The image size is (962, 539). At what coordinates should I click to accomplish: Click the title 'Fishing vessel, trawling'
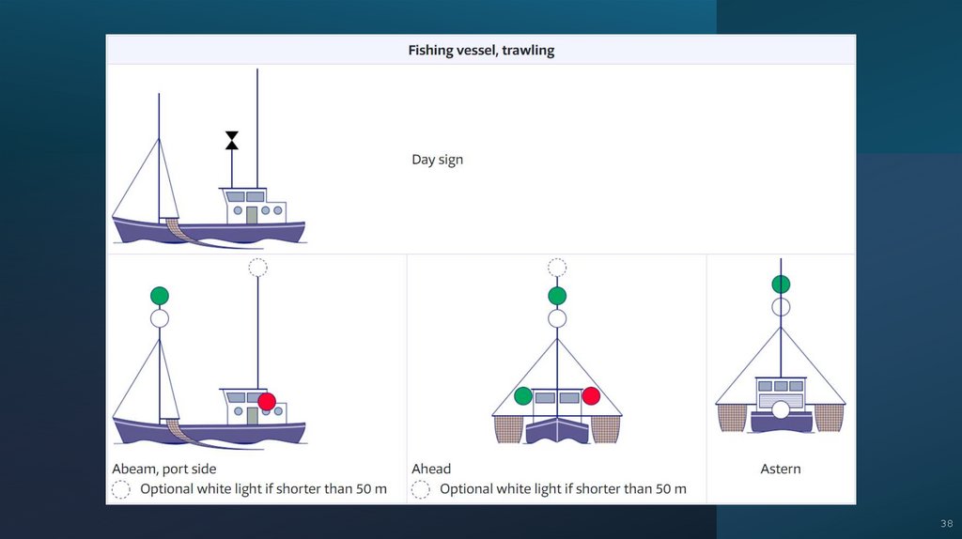pyautogui.click(x=481, y=51)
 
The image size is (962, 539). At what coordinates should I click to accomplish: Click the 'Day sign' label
pyautogui.click(x=438, y=160)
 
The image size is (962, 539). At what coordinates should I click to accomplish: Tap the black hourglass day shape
pyautogui.click(x=232, y=141)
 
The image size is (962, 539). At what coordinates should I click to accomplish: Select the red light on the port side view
pyautogui.click(x=267, y=402)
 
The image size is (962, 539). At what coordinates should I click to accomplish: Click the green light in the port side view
pyautogui.click(x=160, y=296)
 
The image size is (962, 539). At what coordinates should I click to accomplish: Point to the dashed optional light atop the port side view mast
pyautogui.click(x=257, y=268)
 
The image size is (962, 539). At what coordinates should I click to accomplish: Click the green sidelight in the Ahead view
pyautogui.click(x=523, y=396)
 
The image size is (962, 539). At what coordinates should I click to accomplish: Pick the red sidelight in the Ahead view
pyautogui.click(x=591, y=396)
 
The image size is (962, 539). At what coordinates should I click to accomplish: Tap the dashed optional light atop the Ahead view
pyautogui.click(x=557, y=268)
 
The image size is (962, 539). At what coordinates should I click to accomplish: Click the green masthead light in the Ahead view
pyautogui.click(x=557, y=296)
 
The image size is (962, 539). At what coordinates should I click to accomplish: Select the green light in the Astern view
pyautogui.click(x=781, y=285)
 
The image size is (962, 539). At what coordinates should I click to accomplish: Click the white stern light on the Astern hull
pyautogui.click(x=781, y=409)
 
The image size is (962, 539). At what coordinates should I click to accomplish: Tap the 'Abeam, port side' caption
pyautogui.click(x=163, y=470)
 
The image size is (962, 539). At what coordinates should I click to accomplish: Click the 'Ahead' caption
pyautogui.click(x=431, y=470)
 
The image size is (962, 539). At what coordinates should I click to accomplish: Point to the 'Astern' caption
pyautogui.click(x=781, y=470)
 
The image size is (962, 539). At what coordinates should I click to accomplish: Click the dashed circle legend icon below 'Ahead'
pyautogui.click(x=420, y=489)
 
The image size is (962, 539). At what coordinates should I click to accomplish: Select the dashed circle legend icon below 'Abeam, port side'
pyautogui.click(x=121, y=489)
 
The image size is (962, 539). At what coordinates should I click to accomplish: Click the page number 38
pyautogui.click(x=947, y=524)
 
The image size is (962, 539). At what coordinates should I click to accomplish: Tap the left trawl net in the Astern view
pyautogui.click(x=732, y=418)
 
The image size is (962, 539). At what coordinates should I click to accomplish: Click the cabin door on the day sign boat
pyautogui.click(x=252, y=215)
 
